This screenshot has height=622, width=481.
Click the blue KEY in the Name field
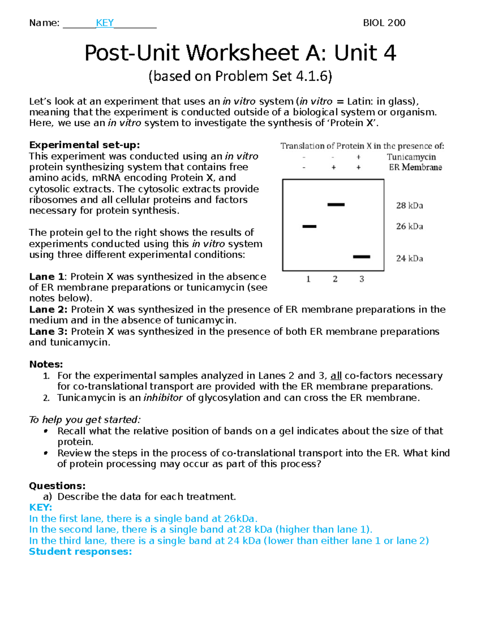pyautogui.click(x=105, y=23)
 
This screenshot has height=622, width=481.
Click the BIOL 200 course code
pyautogui.click(x=384, y=23)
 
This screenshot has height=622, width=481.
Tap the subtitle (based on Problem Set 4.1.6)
pyautogui.click(x=240, y=76)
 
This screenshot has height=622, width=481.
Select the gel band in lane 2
pyautogui.click(x=336, y=205)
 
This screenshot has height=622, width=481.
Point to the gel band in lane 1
pyautogui.click(x=309, y=227)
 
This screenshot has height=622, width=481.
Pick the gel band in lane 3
pyautogui.click(x=362, y=257)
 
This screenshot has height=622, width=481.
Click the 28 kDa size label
pyautogui.click(x=409, y=205)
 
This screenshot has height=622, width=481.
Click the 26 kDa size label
pyautogui.click(x=409, y=226)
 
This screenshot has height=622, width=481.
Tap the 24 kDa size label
pyautogui.click(x=409, y=258)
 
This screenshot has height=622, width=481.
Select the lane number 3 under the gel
pyautogui.click(x=362, y=279)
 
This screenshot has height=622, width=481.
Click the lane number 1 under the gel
pyautogui.click(x=308, y=279)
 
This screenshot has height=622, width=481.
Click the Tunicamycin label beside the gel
pyautogui.click(x=411, y=157)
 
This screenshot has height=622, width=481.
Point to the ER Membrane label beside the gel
pyautogui.click(x=415, y=167)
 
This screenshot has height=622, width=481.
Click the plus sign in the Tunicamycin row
pyautogui.click(x=358, y=157)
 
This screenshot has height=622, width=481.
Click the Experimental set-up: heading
pyautogui.click(x=85, y=145)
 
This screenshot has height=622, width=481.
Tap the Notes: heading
pyautogui.click(x=46, y=364)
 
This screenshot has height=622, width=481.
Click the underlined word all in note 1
pyautogui.click(x=336, y=376)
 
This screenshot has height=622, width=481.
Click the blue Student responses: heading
pyautogui.click(x=81, y=552)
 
